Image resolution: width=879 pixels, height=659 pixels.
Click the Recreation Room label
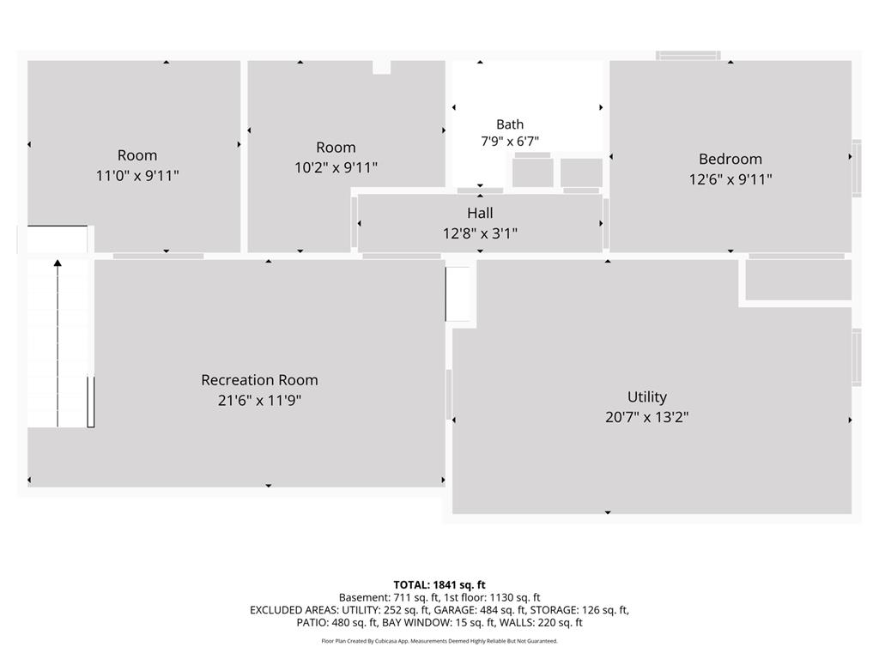click(x=259, y=380)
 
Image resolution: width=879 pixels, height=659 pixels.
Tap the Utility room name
click(x=647, y=396)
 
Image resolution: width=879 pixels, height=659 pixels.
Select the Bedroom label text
click(x=730, y=159)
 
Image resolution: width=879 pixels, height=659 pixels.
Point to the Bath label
click(x=510, y=124)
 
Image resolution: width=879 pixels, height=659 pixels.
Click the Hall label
click(x=481, y=213)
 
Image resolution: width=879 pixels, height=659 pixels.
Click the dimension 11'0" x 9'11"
click(x=137, y=176)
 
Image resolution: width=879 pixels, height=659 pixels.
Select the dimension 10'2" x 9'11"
click(x=336, y=167)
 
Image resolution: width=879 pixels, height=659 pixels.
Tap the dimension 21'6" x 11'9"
click(x=259, y=401)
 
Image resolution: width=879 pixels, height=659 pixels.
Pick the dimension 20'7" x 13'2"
click(x=647, y=418)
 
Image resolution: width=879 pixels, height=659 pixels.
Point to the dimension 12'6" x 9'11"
click(x=730, y=179)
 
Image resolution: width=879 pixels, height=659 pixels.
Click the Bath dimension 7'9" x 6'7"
click(x=510, y=142)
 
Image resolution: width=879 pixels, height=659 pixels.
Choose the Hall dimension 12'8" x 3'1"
click(x=481, y=233)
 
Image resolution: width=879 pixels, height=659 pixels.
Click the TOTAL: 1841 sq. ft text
click(x=439, y=585)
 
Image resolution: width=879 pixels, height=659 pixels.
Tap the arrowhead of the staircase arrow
click(x=58, y=263)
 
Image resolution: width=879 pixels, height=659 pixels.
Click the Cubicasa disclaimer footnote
click(x=439, y=641)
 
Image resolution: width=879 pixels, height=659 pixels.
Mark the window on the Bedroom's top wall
click(x=688, y=56)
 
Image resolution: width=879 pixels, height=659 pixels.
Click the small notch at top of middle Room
click(x=382, y=67)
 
